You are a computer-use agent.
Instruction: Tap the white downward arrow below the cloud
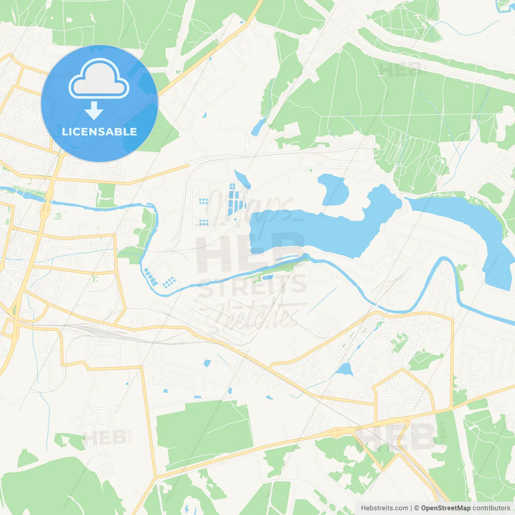(x=94, y=110)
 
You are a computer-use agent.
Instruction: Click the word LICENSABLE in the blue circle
(x=99, y=132)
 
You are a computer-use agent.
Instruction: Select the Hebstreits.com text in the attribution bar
(x=384, y=508)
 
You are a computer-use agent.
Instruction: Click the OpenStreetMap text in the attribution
(x=445, y=508)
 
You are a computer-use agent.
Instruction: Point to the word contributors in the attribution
(x=491, y=508)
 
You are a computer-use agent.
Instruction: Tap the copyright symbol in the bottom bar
(x=416, y=508)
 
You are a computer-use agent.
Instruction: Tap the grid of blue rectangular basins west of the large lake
(x=235, y=199)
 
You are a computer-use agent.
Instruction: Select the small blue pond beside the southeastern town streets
(x=344, y=369)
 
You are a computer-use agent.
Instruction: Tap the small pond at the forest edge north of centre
(x=257, y=127)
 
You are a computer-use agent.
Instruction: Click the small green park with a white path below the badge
(x=106, y=195)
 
